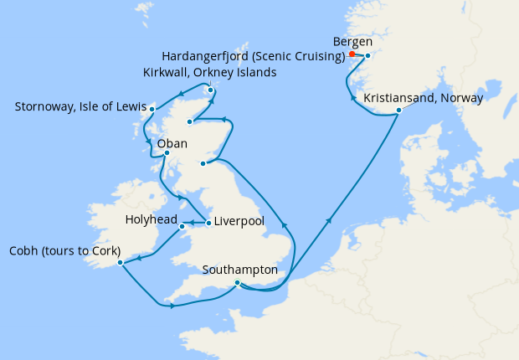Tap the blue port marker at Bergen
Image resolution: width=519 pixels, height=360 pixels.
click(367, 55)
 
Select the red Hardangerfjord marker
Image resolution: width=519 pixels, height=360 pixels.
click(352, 54)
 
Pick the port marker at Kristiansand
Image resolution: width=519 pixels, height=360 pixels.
click(399, 111)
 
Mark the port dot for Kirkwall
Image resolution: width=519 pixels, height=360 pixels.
click(210, 90)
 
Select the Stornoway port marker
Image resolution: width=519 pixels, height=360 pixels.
click(152, 109)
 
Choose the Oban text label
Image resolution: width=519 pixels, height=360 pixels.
click(172, 143)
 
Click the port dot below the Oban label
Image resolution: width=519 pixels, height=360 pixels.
click(167, 153)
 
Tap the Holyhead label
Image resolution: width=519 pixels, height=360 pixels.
click(151, 220)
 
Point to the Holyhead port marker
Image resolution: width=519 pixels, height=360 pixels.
click(182, 227)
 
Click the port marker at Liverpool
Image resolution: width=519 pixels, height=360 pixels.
click(208, 223)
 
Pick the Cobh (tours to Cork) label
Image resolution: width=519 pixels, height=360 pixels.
click(64, 251)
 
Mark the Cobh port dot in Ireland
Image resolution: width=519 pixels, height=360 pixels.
click(121, 262)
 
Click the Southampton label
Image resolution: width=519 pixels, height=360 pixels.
click(240, 270)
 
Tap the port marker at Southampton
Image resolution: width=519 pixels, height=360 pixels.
click(238, 283)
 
